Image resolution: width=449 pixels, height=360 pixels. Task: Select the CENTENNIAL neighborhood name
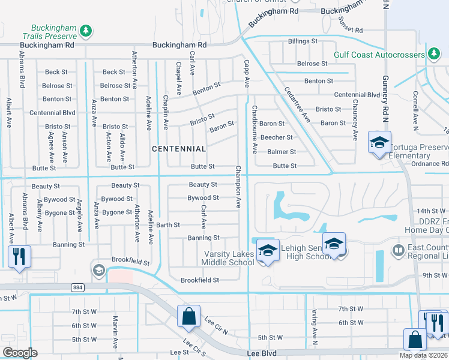(179, 148)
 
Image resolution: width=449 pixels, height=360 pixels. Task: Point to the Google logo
(20, 352)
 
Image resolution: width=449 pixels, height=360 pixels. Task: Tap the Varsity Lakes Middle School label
(229, 258)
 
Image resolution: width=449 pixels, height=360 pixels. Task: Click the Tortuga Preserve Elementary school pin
(379, 142)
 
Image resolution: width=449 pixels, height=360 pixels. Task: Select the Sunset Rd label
(351, 25)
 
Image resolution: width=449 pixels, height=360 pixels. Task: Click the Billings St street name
(303, 41)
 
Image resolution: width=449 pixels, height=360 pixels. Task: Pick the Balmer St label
(282, 152)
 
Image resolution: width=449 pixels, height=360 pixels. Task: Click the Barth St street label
(168, 225)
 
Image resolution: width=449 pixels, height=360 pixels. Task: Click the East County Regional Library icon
(396, 249)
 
